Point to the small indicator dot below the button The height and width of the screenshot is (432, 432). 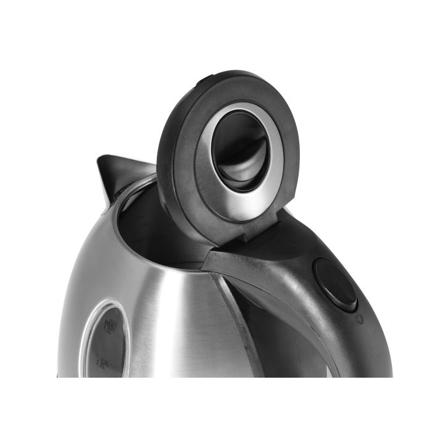359,319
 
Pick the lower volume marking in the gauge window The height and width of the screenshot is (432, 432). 102,368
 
